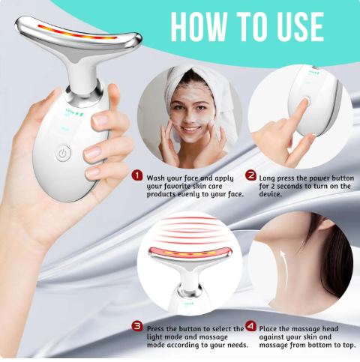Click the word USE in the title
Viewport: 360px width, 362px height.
coord(301,26)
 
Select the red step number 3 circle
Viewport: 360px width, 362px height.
coord(137,328)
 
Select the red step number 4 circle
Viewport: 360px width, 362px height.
coord(250,328)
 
